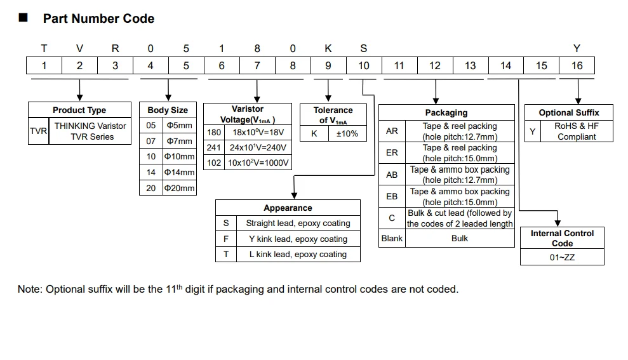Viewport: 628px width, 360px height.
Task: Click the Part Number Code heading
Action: click(98, 18)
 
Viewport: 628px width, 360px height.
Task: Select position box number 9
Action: click(328, 65)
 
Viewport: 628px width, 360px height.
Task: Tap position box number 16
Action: click(577, 65)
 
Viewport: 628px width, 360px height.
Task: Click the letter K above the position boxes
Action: click(328, 48)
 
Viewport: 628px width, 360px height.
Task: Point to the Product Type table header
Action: click(79, 110)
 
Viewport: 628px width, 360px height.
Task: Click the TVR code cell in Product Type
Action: click(39, 131)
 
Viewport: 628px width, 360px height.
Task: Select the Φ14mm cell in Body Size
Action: click(180, 172)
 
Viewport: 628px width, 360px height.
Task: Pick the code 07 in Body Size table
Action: click(151, 141)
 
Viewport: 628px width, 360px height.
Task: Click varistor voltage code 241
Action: click(214, 147)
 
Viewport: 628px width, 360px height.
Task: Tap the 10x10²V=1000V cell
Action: click(258, 163)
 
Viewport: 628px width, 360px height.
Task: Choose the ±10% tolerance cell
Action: click(347, 133)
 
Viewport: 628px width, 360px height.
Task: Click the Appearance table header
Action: click(288, 208)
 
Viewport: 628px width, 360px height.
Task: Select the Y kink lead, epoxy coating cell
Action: click(298, 239)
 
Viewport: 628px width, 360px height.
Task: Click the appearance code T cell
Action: click(226, 254)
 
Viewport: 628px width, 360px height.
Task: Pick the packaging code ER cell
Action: click(392, 152)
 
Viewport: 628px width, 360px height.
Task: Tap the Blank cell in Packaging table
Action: click(392, 238)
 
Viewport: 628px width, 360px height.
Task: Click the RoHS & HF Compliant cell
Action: click(577, 131)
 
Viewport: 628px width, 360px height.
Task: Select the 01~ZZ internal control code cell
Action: click(562, 257)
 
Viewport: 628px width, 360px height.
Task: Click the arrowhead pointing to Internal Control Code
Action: click(558, 223)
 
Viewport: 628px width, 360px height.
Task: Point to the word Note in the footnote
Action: click(29, 289)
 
